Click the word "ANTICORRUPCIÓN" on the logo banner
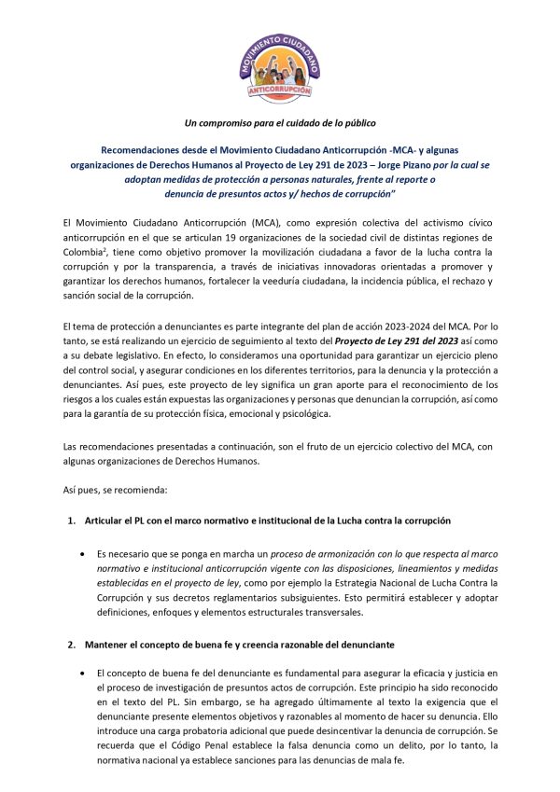[x=277, y=93]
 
